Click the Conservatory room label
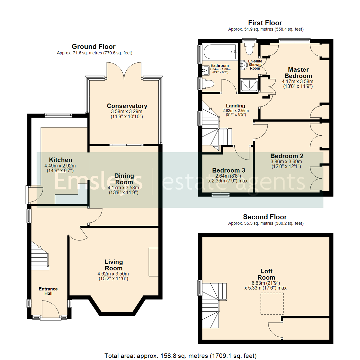pos(127,106)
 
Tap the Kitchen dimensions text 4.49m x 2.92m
pos(60,166)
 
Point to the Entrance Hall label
pos(48,291)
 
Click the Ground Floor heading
pos(94,47)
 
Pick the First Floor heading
pos(265,23)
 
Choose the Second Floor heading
pos(265,217)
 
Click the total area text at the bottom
pos(180,355)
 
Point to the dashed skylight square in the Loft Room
pos(272,304)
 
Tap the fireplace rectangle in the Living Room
pos(154,262)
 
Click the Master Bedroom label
pos(298,73)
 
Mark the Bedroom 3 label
pos(229,170)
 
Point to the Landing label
pos(236,106)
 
